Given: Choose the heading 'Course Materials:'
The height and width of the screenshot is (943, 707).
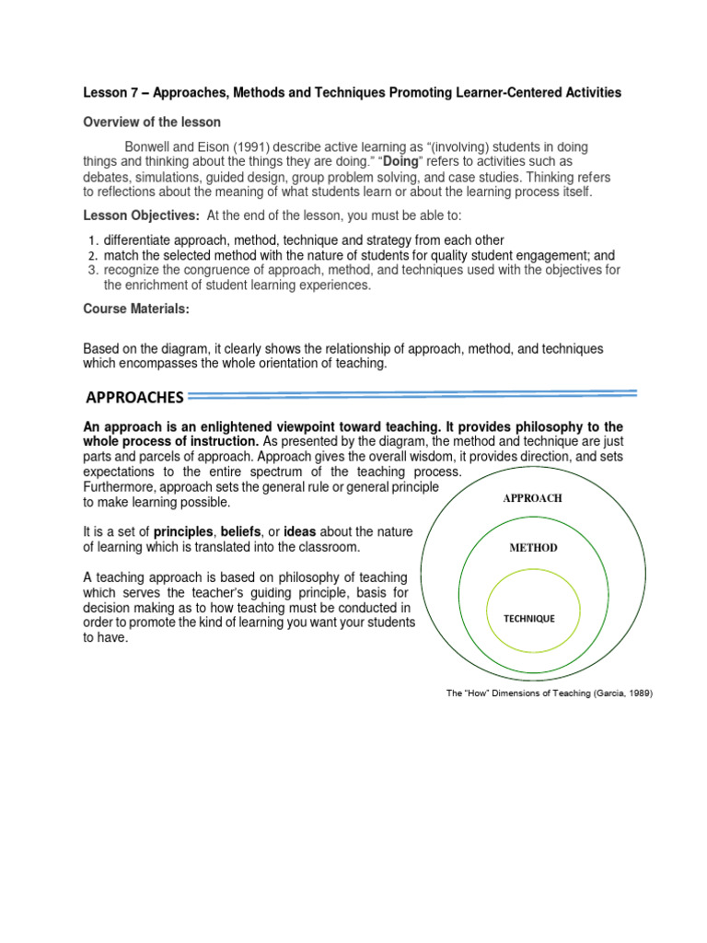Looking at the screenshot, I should (x=136, y=309).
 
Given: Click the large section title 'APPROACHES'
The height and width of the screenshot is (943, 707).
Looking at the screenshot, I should (x=134, y=398).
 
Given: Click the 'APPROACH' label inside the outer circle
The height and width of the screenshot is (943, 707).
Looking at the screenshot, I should (x=532, y=498).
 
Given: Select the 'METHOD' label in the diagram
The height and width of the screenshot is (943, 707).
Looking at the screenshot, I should (x=533, y=547).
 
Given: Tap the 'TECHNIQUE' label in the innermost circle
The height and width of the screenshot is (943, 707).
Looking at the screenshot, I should (x=528, y=618).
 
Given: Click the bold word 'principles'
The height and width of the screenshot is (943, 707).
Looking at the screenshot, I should (x=183, y=532).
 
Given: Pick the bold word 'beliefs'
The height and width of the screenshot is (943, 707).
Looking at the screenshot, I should (x=241, y=532).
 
